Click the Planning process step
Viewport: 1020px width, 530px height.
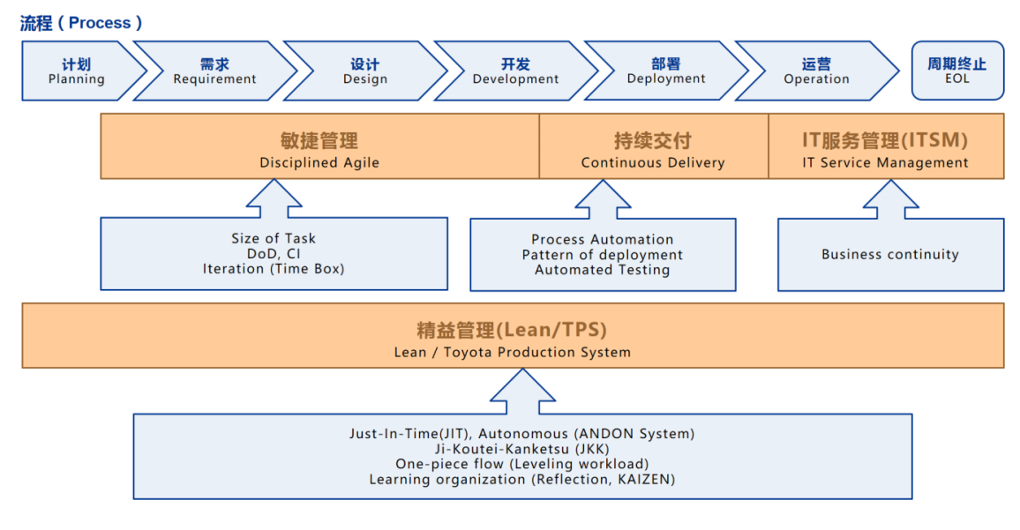click(x=77, y=71)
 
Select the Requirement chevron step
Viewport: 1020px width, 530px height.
click(x=214, y=71)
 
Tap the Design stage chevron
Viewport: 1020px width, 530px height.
click(x=365, y=71)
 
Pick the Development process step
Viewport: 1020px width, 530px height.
click(x=515, y=71)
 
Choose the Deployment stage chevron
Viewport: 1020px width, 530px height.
click(x=666, y=71)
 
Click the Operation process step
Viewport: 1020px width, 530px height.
click(x=816, y=71)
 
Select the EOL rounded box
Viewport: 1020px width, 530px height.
click(x=957, y=71)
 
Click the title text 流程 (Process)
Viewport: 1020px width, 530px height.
click(x=81, y=23)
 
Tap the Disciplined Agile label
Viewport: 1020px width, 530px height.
click(x=319, y=162)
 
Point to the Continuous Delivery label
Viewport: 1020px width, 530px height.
click(x=653, y=162)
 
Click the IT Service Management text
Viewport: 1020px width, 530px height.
click(x=885, y=162)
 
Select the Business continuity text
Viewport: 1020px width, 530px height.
click(x=890, y=254)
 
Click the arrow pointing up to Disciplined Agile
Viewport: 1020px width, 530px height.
click(x=274, y=198)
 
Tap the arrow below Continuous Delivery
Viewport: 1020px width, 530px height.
click(x=603, y=199)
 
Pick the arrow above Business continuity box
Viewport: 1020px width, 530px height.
click(x=891, y=199)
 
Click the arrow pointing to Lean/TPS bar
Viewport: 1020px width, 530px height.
click(x=523, y=391)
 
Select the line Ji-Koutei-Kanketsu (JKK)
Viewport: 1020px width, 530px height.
click(x=522, y=449)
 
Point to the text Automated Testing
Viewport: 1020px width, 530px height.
click(x=603, y=270)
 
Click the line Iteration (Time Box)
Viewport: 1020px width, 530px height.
click(x=274, y=268)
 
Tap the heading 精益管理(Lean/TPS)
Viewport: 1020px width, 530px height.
click(x=512, y=331)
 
